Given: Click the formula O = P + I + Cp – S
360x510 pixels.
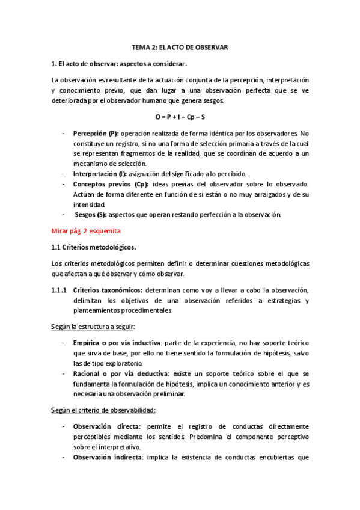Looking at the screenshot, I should pos(180,116).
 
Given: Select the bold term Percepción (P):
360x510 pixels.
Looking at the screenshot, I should pos(96,133).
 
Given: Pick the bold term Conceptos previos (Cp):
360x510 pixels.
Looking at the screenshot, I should pos(111,183).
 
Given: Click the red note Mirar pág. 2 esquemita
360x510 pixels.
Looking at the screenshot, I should pos(84,230).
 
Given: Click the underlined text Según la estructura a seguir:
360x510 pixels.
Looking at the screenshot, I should pos(93,327).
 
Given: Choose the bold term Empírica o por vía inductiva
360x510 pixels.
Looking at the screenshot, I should pos(117,343).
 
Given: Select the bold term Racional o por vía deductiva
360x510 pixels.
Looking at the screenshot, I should pos(117,373).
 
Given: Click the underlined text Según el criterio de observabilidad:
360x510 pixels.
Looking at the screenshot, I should pos(103,410).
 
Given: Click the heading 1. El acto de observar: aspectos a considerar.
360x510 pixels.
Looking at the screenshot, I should pos(119,63).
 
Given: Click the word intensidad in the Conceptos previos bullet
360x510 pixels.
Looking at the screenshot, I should pos(89,204).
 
